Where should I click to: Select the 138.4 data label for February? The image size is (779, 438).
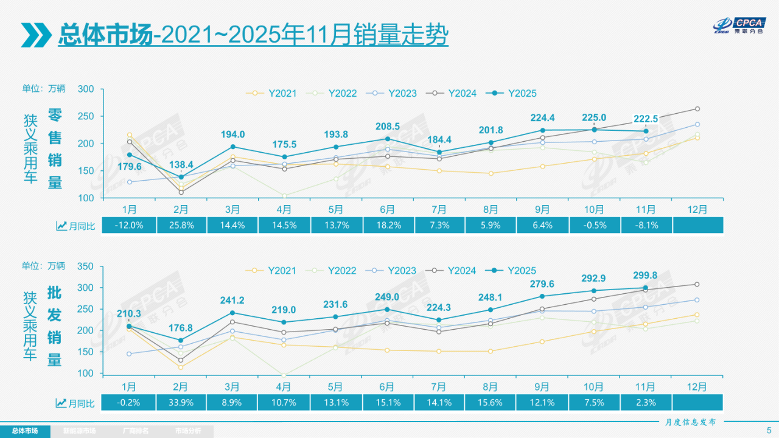tap(181, 164)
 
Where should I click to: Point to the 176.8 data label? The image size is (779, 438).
tap(181, 328)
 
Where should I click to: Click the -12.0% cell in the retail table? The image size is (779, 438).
tap(128, 226)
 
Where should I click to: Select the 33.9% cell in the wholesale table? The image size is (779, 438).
tap(181, 402)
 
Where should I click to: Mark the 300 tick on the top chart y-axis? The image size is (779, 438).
tap(86, 89)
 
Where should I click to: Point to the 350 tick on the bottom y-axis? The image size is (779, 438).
tap(86, 266)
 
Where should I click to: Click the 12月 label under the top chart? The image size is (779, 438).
tap(697, 209)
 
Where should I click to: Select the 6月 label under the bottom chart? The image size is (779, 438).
tap(387, 386)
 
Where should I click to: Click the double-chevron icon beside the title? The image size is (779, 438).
tap(37, 35)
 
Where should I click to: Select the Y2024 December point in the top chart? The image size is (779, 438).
tap(697, 109)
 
